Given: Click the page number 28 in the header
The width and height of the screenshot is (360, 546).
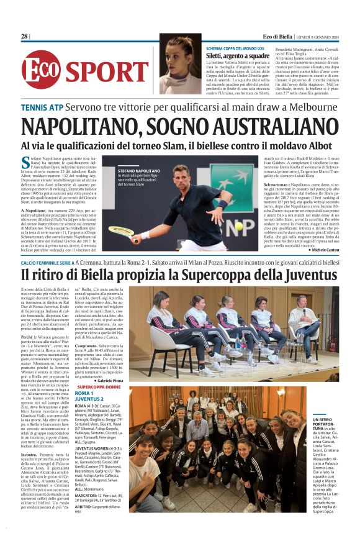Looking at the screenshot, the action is [x=24, y=37].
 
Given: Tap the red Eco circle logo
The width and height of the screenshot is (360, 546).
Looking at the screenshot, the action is [x=41, y=68].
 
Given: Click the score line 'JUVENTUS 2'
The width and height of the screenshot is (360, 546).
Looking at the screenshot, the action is [x=89, y=399].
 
